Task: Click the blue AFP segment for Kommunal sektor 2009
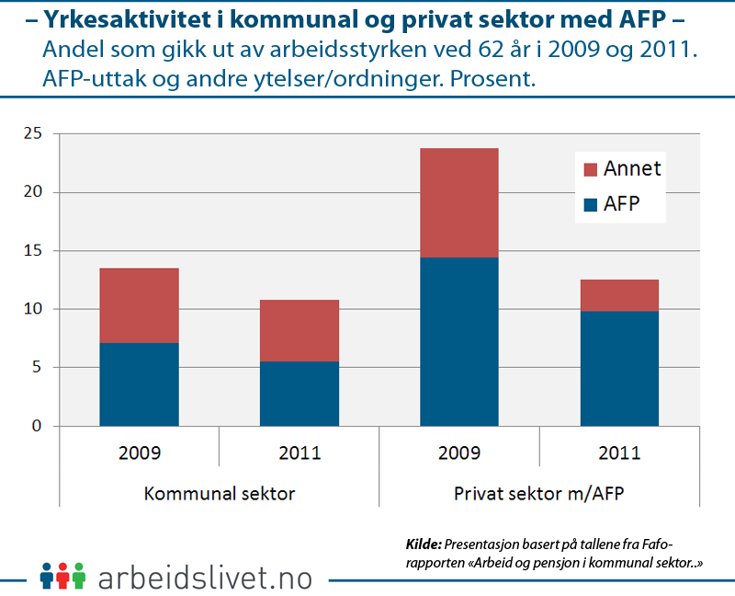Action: [140, 384]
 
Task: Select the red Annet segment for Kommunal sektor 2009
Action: [140, 305]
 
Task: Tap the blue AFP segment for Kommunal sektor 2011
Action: [300, 394]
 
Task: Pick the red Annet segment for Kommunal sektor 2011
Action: [300, 330]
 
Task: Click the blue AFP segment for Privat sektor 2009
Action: [459, 341]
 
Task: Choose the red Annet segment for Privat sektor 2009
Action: [459, 202]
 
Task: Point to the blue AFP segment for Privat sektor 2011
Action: [619, 368]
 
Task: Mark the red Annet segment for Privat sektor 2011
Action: [619, 295]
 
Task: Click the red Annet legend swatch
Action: [590, 169]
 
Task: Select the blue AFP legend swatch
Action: [590, 205]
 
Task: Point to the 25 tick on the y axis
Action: [33, 134]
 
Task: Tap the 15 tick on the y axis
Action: [33, 251]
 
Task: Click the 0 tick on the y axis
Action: [38, 426]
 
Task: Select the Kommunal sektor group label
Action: [220, 494]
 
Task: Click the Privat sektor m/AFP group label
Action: [539, 494]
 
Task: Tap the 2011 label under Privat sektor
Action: [619, 453]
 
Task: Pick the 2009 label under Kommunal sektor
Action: [140, 453]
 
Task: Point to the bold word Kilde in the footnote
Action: [424, 543]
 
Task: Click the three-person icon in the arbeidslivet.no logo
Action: [62, 575]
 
